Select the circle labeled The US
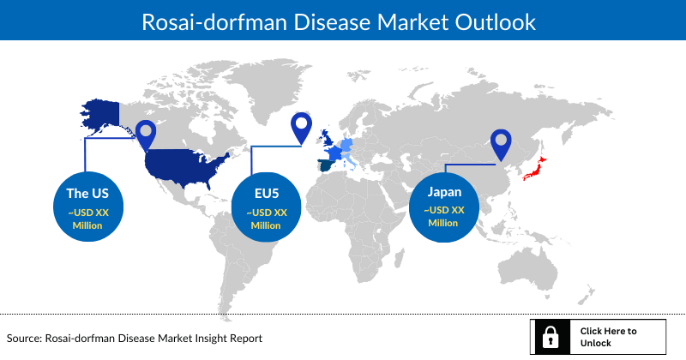click(87, 206)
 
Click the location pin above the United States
click(147, 133)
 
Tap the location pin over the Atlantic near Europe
click(301, 128)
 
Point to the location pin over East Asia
click(500, 144)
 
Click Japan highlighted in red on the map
click(534, 171)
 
